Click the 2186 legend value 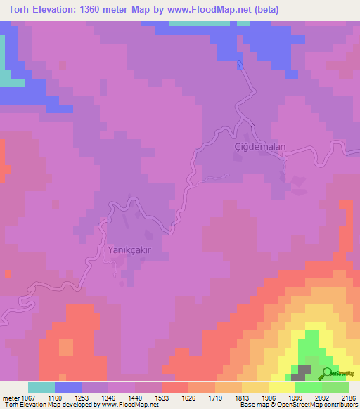(349, 397)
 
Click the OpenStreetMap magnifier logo (328, 372)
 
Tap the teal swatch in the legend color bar (41, 387)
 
